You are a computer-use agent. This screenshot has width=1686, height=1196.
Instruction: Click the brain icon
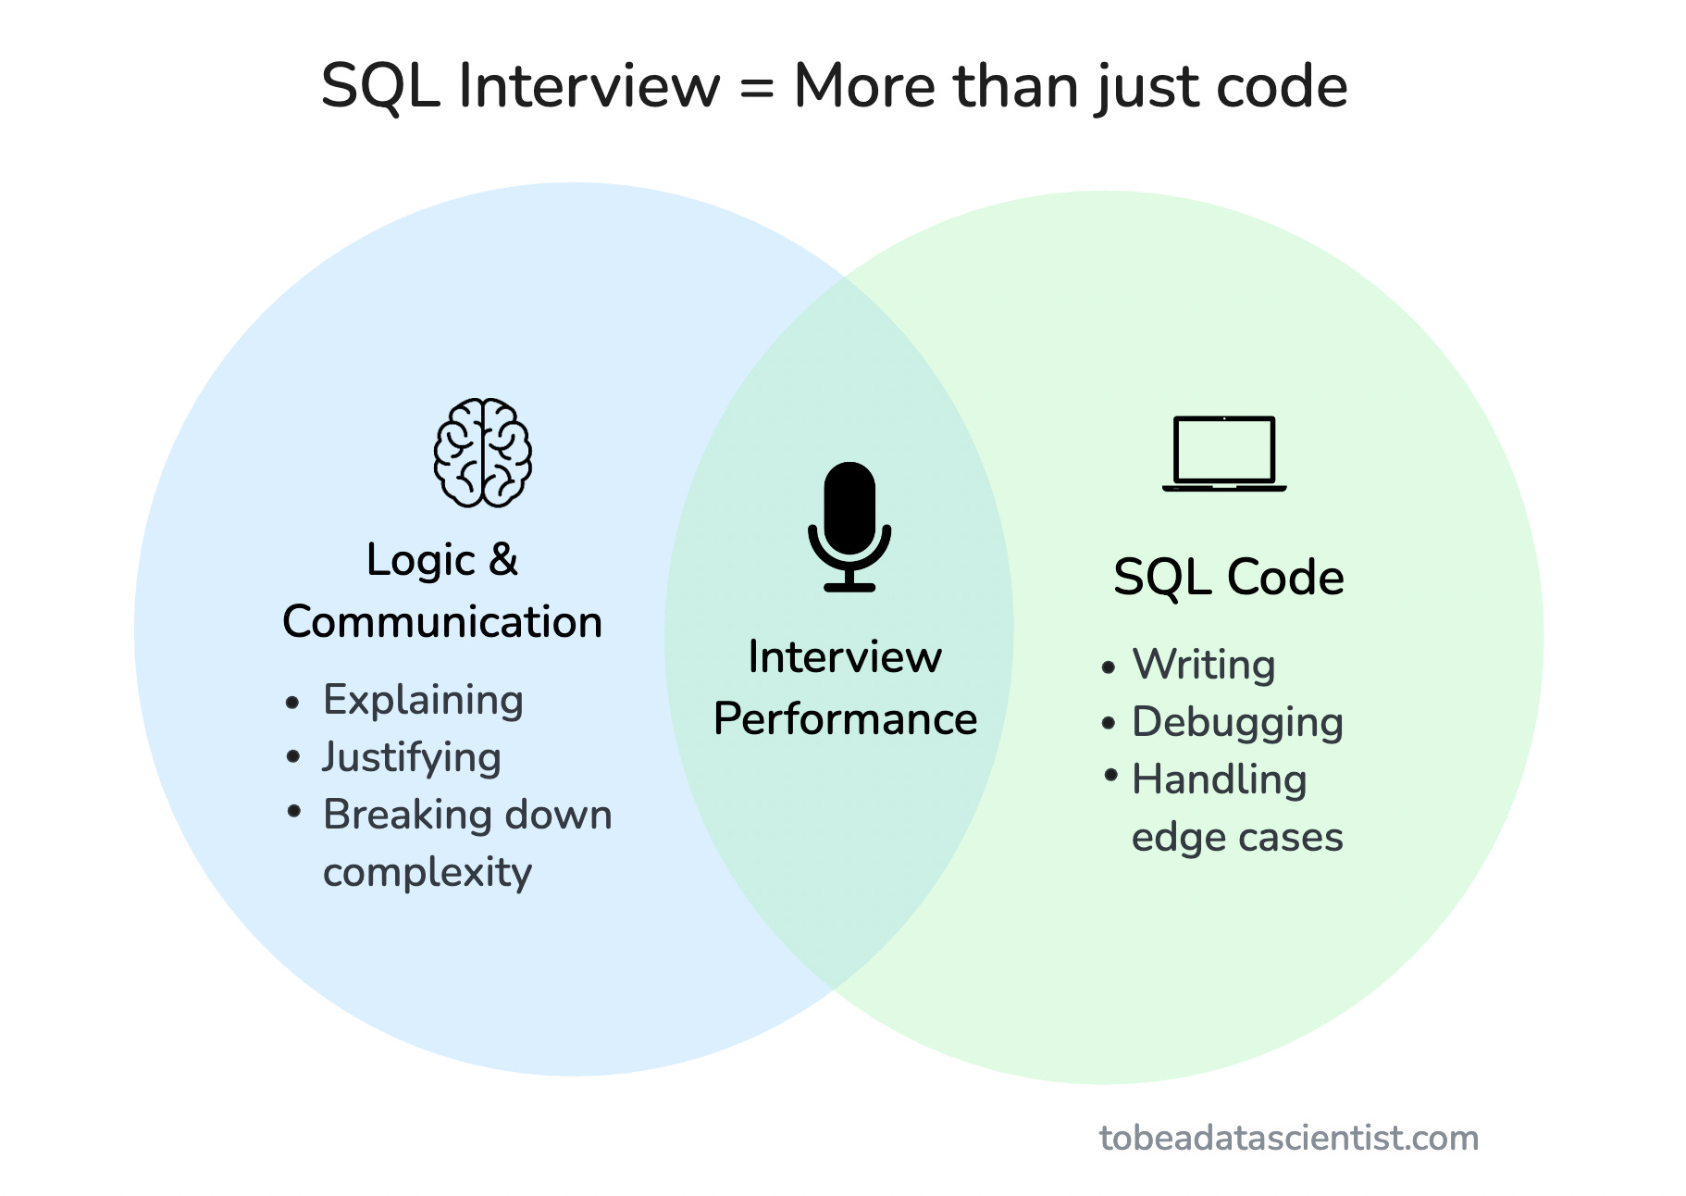point(483,453)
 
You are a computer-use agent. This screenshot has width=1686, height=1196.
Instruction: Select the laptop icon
point(1224,454)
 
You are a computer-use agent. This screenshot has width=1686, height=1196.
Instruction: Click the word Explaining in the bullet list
point(423,700)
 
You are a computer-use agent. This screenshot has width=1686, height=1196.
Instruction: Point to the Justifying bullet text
point(412,757)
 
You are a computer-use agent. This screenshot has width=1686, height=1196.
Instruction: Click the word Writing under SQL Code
point(1204,665)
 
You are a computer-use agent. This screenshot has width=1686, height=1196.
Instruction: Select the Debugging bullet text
point(1237,722)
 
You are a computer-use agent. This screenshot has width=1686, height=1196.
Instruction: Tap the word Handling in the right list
point(1219,779)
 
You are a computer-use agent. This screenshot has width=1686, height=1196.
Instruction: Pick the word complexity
point(428,872)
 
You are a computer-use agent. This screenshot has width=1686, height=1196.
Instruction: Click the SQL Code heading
point(1228,578)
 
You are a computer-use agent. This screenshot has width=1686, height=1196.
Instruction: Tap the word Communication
point(442,621)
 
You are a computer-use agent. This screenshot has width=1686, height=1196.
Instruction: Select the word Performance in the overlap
point(845,719)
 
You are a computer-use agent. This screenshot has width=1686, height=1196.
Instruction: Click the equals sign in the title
point(756,87)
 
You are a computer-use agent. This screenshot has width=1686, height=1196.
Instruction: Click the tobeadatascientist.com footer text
point(1288,1138)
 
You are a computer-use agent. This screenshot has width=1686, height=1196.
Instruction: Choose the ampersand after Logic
point(502,559)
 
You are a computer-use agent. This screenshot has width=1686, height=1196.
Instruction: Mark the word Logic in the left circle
point(420,561)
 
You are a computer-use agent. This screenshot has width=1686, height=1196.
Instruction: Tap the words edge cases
point(1237,837)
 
